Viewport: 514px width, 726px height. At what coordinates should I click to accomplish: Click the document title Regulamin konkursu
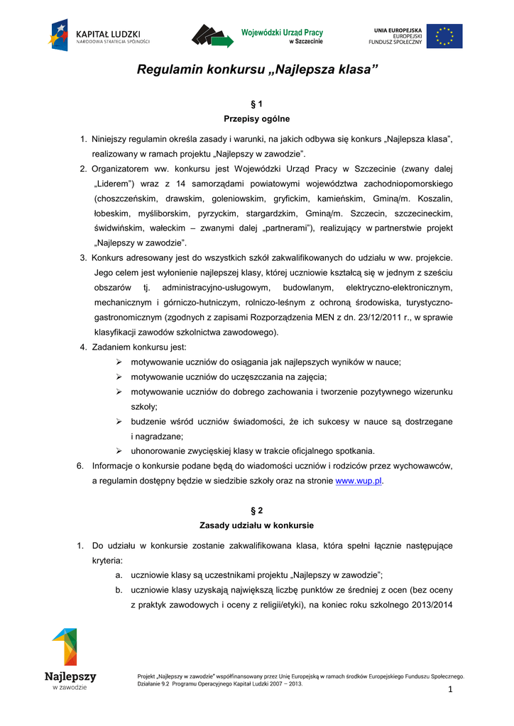point(257,70)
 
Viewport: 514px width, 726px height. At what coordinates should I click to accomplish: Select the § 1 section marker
point(257,104)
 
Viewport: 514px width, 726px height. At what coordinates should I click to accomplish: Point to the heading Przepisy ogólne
point(257,118)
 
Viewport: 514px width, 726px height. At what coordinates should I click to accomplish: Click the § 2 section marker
point(257,510)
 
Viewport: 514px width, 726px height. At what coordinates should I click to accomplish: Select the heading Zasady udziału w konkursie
point(257,525)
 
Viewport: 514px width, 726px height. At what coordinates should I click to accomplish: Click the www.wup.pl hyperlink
point(359,481)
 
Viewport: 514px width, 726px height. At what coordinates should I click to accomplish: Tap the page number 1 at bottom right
point(450,691)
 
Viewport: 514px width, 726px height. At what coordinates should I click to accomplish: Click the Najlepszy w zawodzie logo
point(69,659)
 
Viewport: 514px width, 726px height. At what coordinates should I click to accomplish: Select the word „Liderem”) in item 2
point(114,184)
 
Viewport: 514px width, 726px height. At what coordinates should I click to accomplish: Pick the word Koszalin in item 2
point(436,199)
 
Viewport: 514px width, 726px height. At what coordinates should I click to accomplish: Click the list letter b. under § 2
point(117,590)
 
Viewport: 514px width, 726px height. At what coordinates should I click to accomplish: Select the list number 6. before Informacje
point(80,466)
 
